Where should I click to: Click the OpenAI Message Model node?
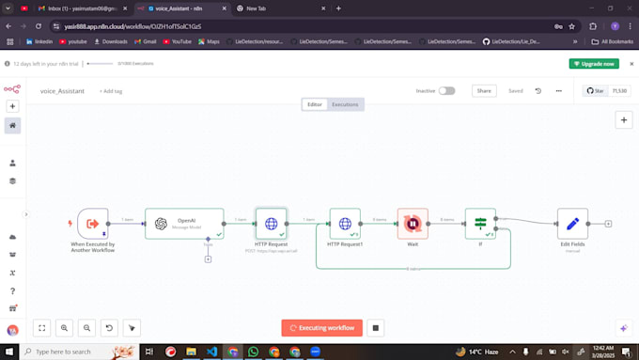[184, 224]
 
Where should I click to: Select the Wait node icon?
[413, 224]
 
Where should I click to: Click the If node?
[480, 224]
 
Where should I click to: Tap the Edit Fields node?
[572, 224]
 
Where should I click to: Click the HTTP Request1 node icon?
[345, 224]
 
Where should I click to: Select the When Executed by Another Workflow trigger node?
[93, 224]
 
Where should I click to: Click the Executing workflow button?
[322, 328]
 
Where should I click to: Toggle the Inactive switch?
[446, 91]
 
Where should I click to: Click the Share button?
[484, 91]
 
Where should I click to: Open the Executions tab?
[345, 104]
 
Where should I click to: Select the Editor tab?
[315, 104]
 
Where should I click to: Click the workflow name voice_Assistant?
[62, 91]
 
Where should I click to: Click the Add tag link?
[111, 91]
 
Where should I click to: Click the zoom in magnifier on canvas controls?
[64, 328]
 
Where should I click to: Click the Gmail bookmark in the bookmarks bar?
[143, 41]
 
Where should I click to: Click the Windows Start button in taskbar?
[9, 352]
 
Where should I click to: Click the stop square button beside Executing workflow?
[375, 328]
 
